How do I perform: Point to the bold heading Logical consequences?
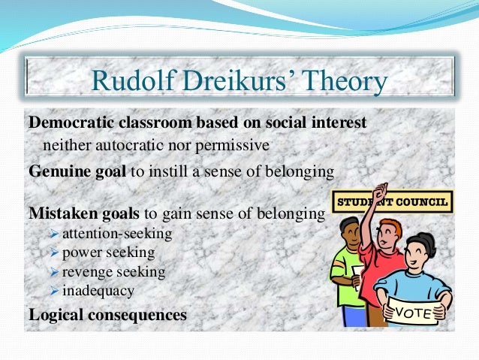[107, 314]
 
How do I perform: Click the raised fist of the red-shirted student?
[381, 190]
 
